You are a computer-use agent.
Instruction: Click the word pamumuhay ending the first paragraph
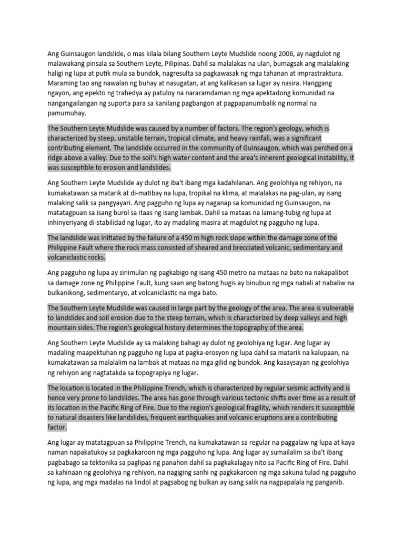(67, 113)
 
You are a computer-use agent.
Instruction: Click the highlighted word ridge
(57, 158)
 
